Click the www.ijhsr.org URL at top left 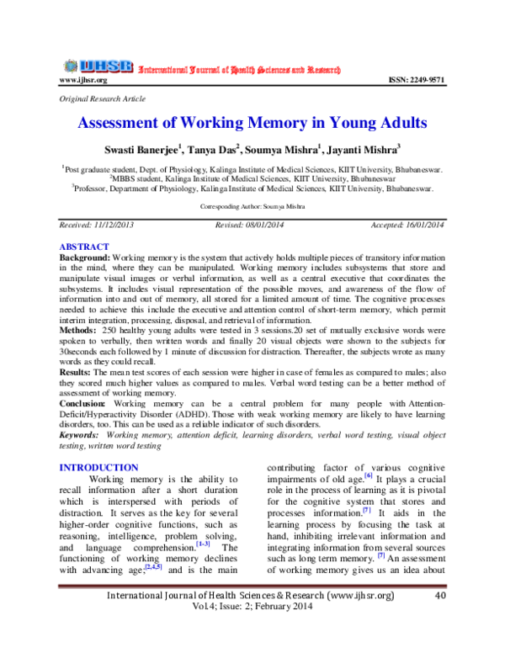click(x=82, y=80)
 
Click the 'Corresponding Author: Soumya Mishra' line click(x=252, y=206)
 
